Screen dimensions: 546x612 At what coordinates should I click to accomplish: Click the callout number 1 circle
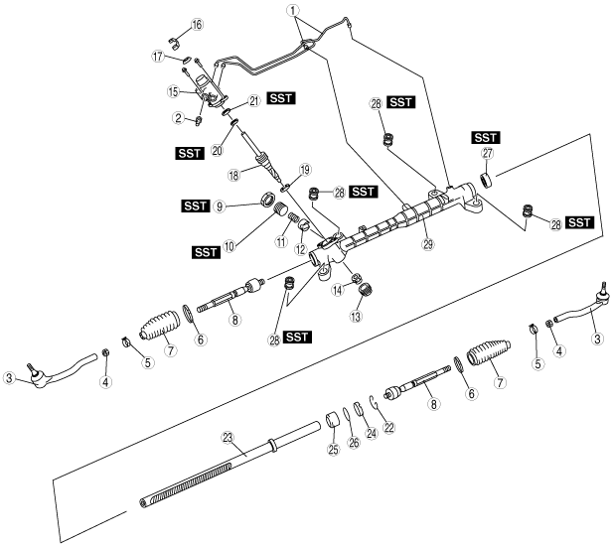click(293, 12)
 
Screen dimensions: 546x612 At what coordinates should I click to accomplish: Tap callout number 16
click(197, 24)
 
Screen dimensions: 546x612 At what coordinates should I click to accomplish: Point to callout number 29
click(427, 244)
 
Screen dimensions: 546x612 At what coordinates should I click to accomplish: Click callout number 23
click(227, 436)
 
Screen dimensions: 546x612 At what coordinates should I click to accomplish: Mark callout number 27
click(488, 154)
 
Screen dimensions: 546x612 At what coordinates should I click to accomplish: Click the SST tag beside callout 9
click(195, 205)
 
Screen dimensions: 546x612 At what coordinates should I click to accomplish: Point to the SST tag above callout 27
click(486, 136)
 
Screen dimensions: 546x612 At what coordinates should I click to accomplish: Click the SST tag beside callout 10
click(206, 252)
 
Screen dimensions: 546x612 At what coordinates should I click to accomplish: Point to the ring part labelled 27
click(487, 179)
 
